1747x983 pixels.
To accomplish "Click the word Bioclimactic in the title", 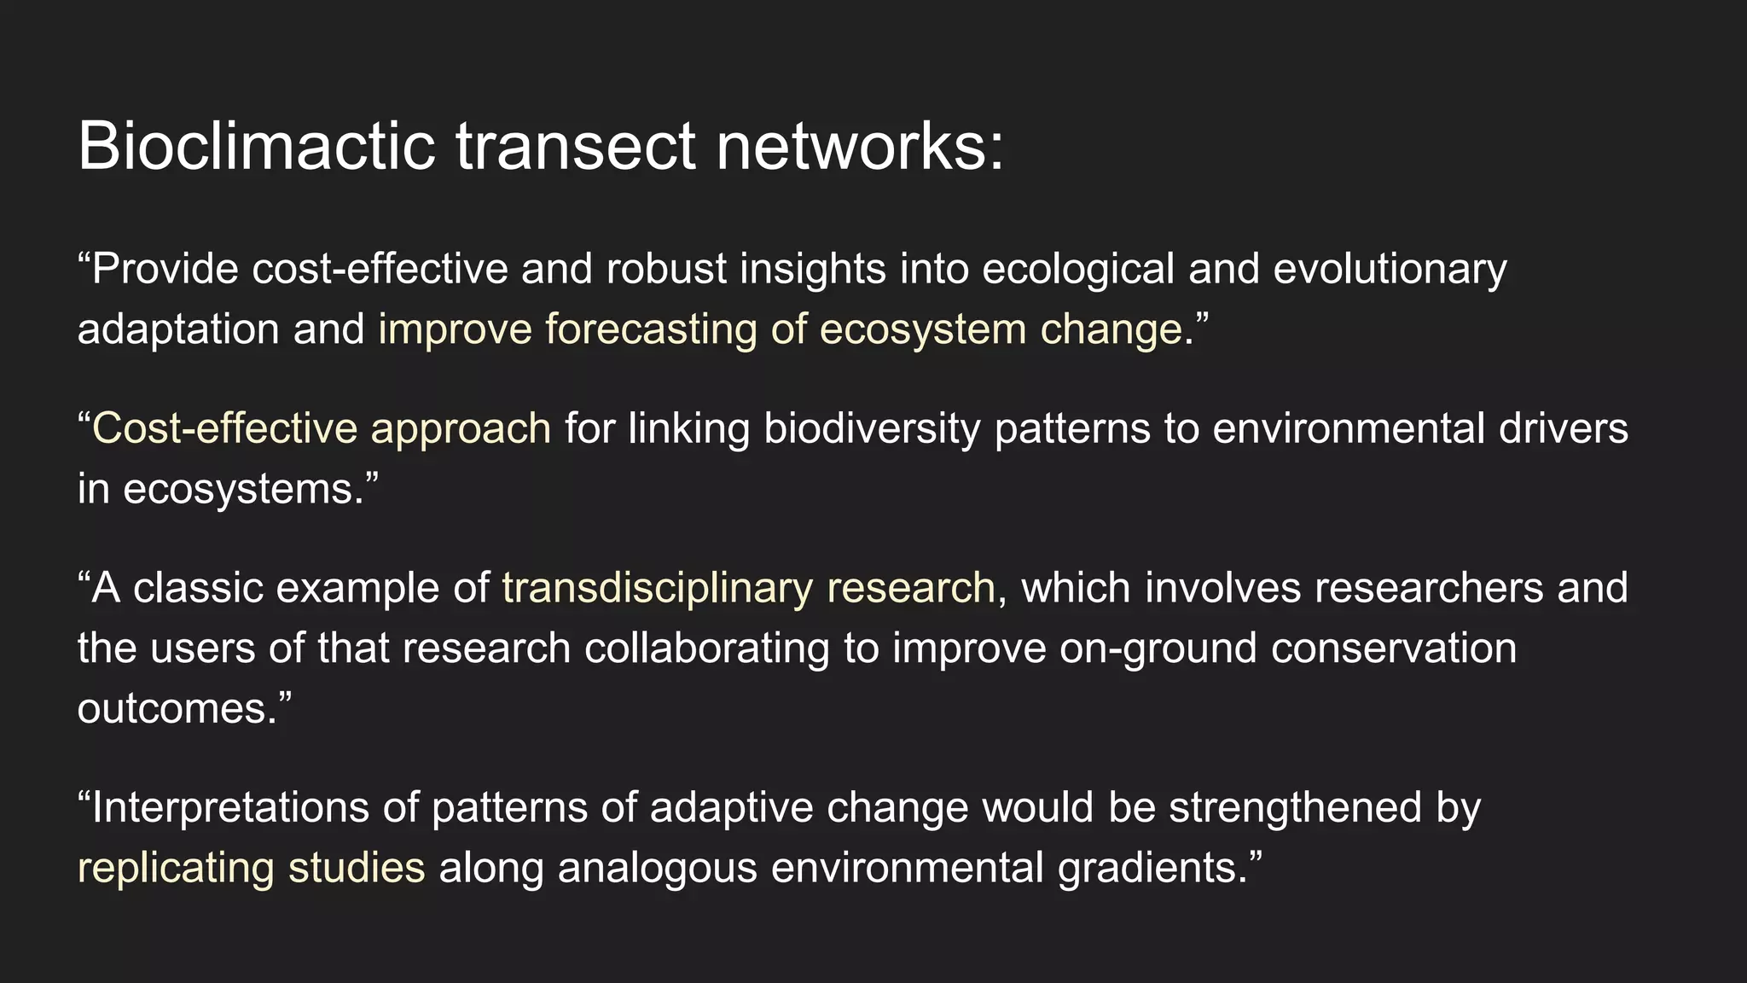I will click(x=256, y=147).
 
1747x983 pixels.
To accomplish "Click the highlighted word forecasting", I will click(x=651, y=330).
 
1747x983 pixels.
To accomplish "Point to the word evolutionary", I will click(x=1390, y=270).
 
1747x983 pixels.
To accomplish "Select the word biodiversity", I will click(x=871, y=428).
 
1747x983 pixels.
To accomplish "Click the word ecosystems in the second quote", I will click(x=243, y=490).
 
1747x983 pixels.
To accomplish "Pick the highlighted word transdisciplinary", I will click(x=657, y=588).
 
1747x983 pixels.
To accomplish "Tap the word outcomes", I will click(x=177, y=709).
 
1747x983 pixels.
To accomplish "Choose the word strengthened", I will click(x=1295, y=808).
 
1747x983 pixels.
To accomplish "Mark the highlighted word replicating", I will click(x=175, y=869).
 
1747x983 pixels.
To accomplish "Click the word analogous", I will click(x=657, y=869).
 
